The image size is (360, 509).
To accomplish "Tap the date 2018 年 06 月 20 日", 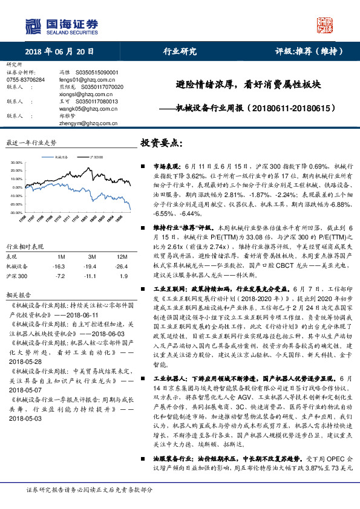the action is (x=60, y=51).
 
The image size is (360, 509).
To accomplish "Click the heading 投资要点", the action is (x=162, y=143).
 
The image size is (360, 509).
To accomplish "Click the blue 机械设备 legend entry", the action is (x=60, y=156).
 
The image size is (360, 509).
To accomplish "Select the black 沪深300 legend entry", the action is (x=94, y=156).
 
